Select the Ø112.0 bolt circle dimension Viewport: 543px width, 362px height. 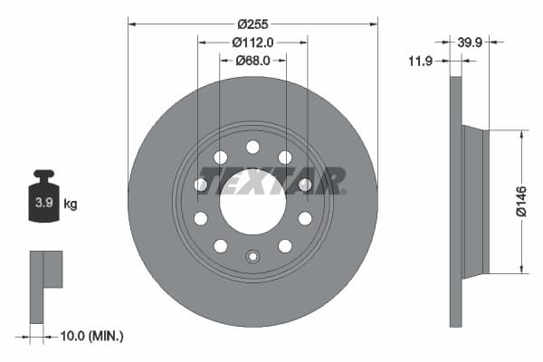(x=252, y=42)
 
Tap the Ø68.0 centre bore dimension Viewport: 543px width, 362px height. (x=252, y=62)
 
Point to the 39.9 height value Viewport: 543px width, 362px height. (x=470, y=42)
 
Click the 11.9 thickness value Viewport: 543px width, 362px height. (x=420, y=61)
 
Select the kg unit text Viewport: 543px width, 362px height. (x=71, y=205)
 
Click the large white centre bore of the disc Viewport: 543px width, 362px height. (x=252, y=202)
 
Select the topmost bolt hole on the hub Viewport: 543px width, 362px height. (x=252, y=147)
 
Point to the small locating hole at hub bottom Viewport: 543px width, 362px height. (x=252, y=256)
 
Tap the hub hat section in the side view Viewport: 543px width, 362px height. (x=475, y=201)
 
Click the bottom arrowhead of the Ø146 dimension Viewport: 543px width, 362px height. (x=521, y=268)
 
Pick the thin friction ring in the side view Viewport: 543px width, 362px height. (x=455, y=201)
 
